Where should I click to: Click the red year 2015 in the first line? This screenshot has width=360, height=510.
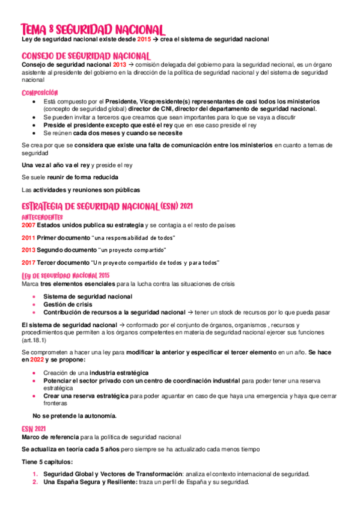144,39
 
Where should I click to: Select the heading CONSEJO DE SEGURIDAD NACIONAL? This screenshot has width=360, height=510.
85,56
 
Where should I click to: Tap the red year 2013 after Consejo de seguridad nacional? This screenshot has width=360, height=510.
119,64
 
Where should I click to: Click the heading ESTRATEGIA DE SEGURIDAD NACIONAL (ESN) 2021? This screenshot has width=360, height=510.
115,206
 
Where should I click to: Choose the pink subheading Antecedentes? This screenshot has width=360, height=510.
42,216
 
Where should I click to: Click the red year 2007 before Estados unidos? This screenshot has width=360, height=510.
28,225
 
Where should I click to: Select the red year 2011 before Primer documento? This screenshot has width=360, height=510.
28,238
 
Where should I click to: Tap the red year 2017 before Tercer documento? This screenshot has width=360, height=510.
28,263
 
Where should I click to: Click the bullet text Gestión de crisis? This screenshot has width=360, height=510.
67,304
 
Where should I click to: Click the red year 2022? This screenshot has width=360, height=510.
37,359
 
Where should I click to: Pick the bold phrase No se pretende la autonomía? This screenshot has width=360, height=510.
75,416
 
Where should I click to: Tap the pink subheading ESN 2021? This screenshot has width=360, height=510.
34,428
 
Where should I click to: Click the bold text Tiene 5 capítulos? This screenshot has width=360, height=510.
47,462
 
